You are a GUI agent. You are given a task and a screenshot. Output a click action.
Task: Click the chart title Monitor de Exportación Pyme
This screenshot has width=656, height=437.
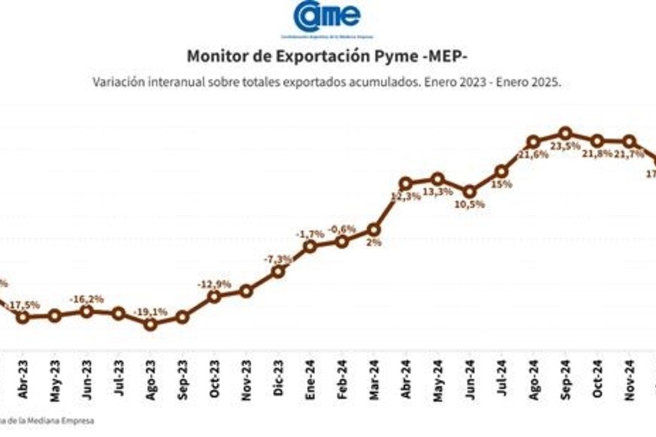coord(327,57)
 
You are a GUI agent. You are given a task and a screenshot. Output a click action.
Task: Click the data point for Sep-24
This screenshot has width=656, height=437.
coord(566,133)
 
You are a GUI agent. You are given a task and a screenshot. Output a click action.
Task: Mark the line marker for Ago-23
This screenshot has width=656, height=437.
coord(150,324)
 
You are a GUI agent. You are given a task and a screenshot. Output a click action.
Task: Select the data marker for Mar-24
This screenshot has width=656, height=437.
coord(373,229)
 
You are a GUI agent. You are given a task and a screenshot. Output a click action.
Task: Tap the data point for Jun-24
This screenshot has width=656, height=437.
coord(469,191)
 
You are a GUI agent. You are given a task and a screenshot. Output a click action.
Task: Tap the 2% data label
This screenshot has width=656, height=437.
coord(374,243)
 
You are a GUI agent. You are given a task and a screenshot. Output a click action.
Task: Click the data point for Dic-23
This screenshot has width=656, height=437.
coord(277,271)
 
